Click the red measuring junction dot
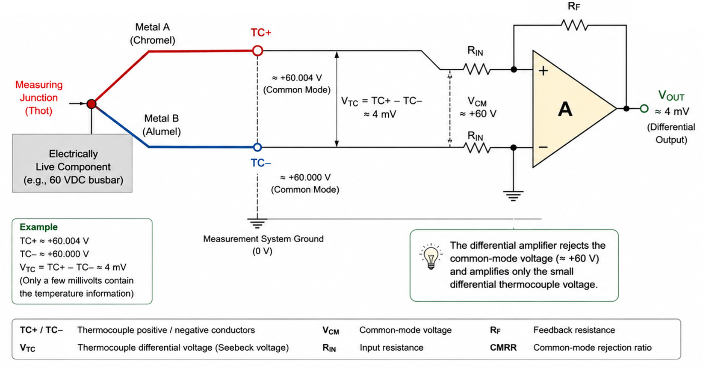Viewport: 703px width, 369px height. (92, 104)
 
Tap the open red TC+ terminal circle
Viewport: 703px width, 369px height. (257, 51)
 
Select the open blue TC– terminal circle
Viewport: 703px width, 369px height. (257, 147)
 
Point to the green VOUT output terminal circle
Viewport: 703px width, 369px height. (644, 109)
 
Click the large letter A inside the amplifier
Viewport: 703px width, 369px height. (565, 109)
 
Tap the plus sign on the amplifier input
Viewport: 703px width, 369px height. (543, 71)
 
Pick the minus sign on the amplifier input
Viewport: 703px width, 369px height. (543, 147)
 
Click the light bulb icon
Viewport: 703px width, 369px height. (431, 256)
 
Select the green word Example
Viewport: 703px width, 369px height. (38, 227)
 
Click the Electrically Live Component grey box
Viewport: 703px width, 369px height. (72, 163)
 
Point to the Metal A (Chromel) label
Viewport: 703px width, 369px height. (153, 33)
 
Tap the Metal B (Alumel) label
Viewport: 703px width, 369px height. (162, 125)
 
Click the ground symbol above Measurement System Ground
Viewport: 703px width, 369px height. (257, 223)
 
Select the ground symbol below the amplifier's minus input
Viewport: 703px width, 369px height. (513, 196)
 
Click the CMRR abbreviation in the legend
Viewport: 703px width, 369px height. (503, 348)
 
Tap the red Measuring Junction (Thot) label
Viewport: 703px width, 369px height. (39, 98)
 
